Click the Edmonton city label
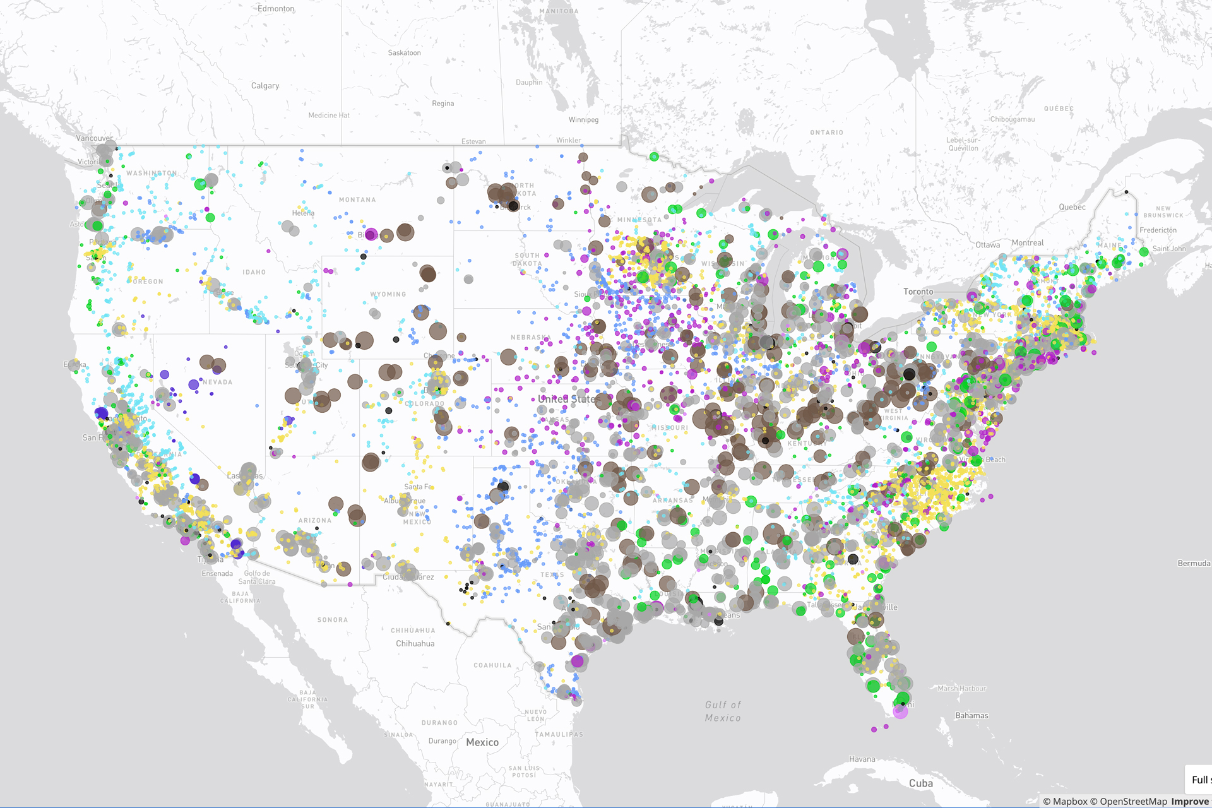tap(276, 9)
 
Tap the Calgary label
tap(264, 86)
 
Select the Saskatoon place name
tap(404, 53)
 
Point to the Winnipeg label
tap(583, 120)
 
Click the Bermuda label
tap(1193, 563)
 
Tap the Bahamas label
tap(971, 715)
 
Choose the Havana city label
tap(862, 759)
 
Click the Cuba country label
tap(920, 783)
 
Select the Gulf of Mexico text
tap(723, 711)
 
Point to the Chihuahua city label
tap(415, 644)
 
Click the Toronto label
tap(918, 292)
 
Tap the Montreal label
tap(1027, 243)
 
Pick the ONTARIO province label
tap(826, 133)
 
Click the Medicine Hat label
tap(328, 116)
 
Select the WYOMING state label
tap(388, 294)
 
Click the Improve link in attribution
tap(1189, 801)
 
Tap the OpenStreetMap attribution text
tap(1133, 801)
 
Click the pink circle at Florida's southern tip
tap(900, 712)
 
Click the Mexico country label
tap(482, 742)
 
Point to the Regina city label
tap(443, 104)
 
